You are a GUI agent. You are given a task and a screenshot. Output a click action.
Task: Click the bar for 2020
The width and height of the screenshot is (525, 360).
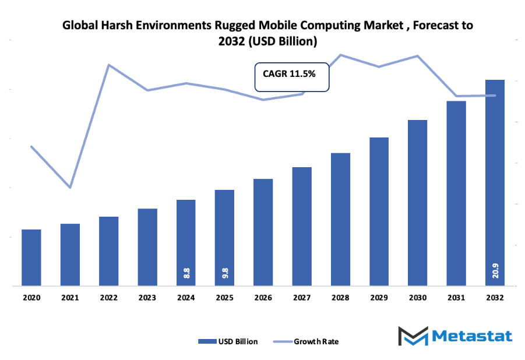pyautogui.click(x=31, y=257)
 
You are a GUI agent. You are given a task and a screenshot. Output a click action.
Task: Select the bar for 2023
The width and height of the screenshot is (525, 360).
pyautogui.click(x=147, y=247)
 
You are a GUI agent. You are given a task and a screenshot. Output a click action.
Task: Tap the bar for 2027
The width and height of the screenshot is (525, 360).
pyautogui.click(x=302, y=227)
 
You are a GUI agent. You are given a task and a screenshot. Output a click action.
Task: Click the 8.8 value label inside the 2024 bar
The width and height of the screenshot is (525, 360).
pyautogui.click(x=186, y=272)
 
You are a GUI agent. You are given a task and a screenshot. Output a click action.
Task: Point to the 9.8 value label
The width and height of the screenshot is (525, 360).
pyautogui.click(x=225, y=272)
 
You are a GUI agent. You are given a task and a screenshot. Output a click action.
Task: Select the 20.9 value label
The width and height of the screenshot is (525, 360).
pyautogui.click(x=495, y=270)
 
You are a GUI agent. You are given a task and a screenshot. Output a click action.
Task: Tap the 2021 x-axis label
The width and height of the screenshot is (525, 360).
pyautogui.click(x=70, y=298)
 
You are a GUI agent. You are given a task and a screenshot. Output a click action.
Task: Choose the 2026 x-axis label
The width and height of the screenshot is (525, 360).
pyautogui.click(x=263, y=298)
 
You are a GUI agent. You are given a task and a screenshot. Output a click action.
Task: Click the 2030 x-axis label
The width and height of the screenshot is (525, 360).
pyautogui.click(x=418, y=298)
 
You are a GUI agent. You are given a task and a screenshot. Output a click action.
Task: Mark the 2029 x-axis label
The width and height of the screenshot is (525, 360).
pyautogui.click(x=379, y=298)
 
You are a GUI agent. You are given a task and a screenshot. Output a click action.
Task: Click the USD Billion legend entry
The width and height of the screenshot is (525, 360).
pyautogui.click(x=228, y=341)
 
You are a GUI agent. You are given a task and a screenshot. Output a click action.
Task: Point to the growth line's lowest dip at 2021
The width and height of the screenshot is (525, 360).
pyautogui.click(x=70, y=188)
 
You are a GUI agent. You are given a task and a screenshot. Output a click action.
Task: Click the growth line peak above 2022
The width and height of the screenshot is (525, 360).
pyautogui.click(x=109, y=65)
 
